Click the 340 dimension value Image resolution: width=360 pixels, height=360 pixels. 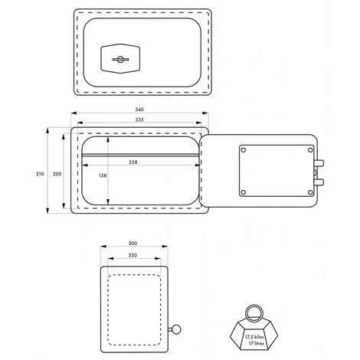coord(139,110)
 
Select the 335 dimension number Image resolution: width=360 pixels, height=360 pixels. coord(139,119)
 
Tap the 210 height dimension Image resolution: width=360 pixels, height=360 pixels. coord(40,174)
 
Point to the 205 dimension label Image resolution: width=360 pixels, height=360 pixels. coord(57,174)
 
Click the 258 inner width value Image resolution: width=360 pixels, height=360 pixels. coord(133,162)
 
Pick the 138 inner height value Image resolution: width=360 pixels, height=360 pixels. coord(103,175)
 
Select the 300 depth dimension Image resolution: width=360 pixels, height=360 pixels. coord(133,244)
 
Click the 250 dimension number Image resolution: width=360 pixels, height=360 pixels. coord(133,255)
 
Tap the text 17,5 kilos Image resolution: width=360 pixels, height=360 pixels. coord(254,337)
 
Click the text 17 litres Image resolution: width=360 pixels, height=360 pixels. coord(257,343)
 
